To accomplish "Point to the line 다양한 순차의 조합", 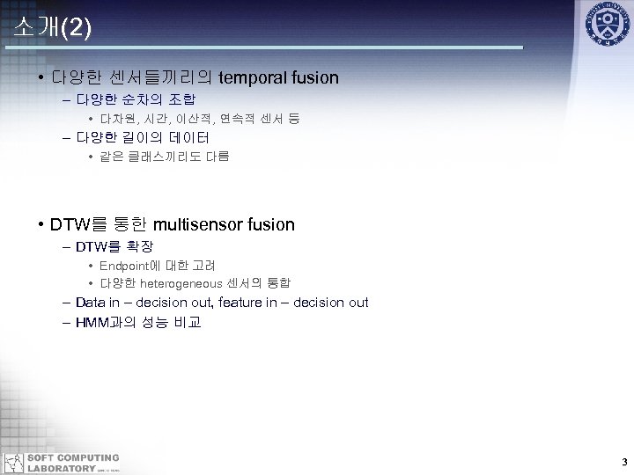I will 136,99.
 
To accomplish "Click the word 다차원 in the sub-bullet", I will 116,118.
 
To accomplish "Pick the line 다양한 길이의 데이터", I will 142,137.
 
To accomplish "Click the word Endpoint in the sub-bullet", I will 124,265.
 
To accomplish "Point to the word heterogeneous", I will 182,283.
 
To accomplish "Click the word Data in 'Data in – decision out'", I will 90,303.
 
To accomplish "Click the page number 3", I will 623,462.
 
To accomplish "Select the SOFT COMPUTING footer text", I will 73,457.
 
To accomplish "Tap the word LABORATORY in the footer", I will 61,468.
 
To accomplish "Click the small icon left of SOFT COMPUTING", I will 13,463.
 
